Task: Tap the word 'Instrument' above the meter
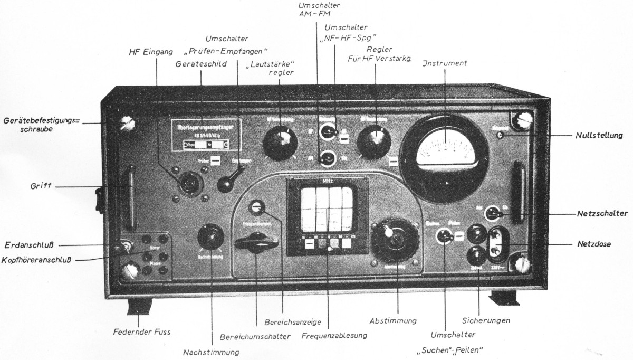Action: tap(444, 64)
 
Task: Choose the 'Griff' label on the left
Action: tap(41, 186)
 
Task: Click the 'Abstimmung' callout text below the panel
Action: tap(393, 320)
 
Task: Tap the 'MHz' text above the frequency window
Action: tap(327, 181)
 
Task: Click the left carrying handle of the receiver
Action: tap(129, 195)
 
